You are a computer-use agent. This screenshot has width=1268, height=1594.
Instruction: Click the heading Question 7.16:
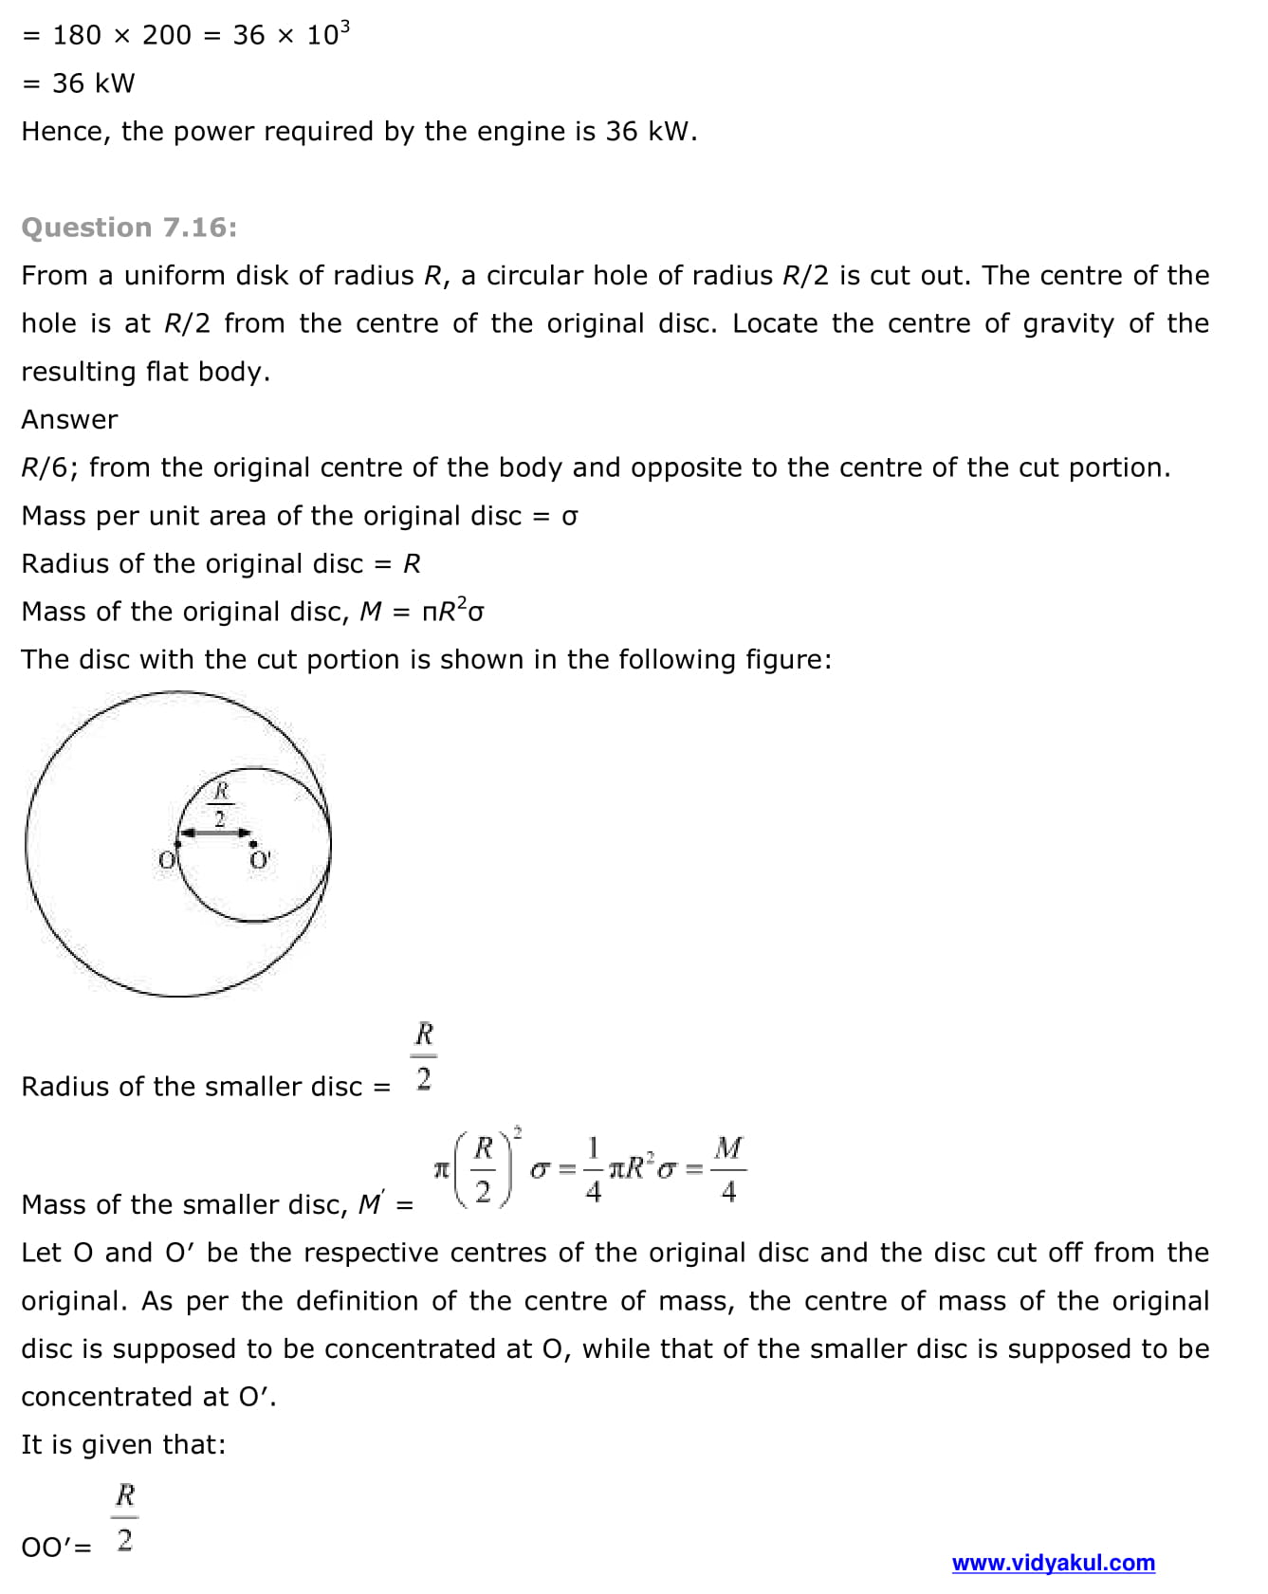[129, 228]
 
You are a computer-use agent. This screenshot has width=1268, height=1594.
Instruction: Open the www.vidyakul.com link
[1053, 1563]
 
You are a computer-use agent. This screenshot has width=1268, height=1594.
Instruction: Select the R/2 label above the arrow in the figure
[220, 804]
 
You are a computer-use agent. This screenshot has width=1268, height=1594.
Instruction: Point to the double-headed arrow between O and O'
[215, 833]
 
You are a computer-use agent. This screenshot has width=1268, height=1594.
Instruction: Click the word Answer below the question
[69, 419]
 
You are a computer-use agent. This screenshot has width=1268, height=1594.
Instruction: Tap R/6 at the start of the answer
[49, 467]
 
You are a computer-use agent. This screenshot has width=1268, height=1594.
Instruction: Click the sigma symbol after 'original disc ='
[569, 516]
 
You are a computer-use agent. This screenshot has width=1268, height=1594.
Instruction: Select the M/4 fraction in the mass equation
[727, 1168]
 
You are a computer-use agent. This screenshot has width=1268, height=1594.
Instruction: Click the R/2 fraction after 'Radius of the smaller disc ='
[424, 1055]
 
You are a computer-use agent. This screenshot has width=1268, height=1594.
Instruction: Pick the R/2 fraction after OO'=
[125, 1517]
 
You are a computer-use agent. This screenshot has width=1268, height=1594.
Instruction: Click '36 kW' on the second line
[93, 83]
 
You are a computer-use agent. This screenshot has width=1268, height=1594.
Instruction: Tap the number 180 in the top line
[76, 35]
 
